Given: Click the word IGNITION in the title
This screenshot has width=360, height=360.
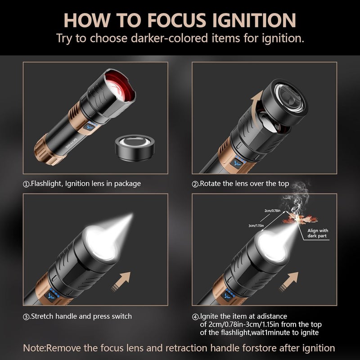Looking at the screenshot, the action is (254, 20).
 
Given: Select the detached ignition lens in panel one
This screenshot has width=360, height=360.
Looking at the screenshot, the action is (135, 148).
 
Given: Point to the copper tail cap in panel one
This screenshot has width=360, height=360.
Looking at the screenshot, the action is (47, 150).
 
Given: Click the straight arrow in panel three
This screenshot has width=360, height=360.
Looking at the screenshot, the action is (121, 282).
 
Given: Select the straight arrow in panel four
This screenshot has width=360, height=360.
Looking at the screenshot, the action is (288, 282).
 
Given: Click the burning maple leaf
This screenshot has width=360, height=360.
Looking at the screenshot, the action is (300, 219).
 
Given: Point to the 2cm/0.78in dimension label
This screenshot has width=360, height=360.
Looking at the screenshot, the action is (272, 211).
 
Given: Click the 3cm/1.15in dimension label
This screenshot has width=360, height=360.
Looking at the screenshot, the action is (256, 225).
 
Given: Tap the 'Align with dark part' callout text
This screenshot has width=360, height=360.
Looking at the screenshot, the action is (318, 233).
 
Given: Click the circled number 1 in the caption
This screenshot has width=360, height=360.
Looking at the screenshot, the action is (27, 184).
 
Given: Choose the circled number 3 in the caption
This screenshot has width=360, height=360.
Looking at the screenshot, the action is (27, 317).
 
